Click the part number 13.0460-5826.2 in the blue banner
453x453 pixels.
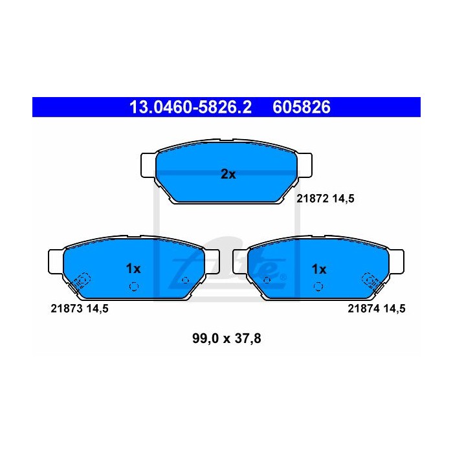click(190, 107)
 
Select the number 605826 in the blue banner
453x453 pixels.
click(302, 107)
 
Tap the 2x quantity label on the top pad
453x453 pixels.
click(228, 174)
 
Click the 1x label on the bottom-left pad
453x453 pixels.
click(133, 269)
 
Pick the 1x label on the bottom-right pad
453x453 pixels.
click(319, 269)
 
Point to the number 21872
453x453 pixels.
click(313, 199)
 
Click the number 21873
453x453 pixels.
click(67, 309)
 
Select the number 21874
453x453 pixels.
click(364, 309)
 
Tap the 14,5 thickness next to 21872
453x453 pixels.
click(343, 199)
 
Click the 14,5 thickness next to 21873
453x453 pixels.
click(97, 309)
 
